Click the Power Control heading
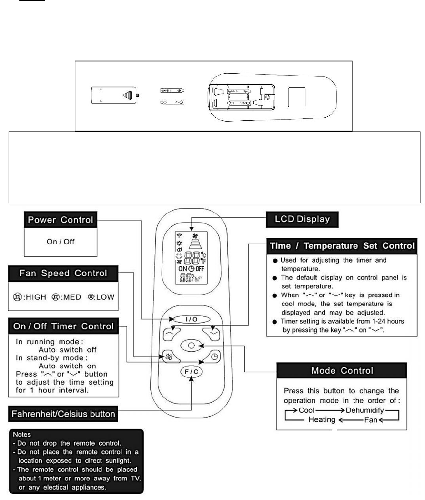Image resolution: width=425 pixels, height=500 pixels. tap(60, 220)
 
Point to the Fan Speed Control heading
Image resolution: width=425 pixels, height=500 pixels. tap(63, 273)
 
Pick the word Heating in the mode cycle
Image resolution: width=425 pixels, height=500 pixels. tap(322, 420)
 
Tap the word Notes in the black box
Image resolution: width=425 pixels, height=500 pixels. tap(22, 434)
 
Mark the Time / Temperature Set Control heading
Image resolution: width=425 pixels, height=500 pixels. tap(342, 246)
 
